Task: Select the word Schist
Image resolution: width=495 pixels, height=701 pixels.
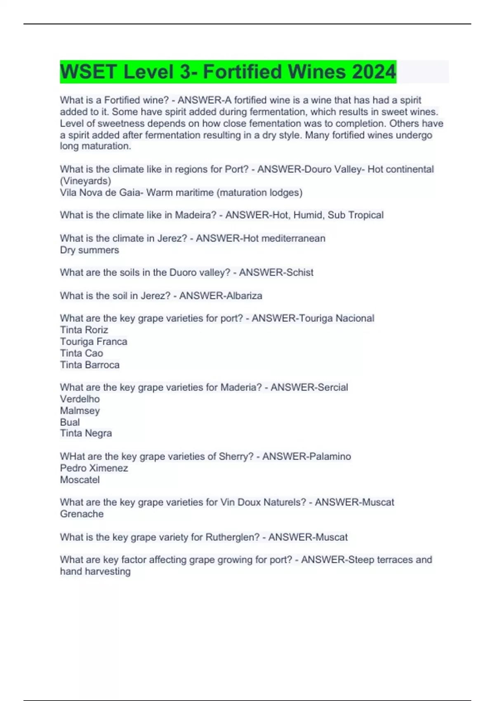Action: (297, 273)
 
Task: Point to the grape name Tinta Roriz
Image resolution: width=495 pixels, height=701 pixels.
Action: (84, 330)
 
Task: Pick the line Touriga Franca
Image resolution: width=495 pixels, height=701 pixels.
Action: (94, 341)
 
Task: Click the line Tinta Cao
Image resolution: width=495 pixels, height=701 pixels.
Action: (82, 353)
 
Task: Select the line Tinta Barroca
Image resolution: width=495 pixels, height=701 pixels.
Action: (90, 365)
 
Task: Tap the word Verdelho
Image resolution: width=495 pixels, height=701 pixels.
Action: (80, 399)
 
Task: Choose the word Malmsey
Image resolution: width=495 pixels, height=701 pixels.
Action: (80, 410)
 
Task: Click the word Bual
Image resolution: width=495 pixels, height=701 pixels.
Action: (70, 422)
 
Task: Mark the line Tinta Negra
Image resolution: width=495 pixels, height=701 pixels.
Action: (86, 433)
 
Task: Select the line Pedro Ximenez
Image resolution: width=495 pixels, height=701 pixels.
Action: (94, 468)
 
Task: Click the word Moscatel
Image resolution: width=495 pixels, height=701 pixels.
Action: (80, 480)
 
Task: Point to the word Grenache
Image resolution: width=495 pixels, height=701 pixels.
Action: (82, 514)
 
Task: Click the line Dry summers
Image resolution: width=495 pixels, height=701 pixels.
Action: (90, 250)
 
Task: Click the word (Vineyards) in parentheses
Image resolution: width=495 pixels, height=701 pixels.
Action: (86, 181)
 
